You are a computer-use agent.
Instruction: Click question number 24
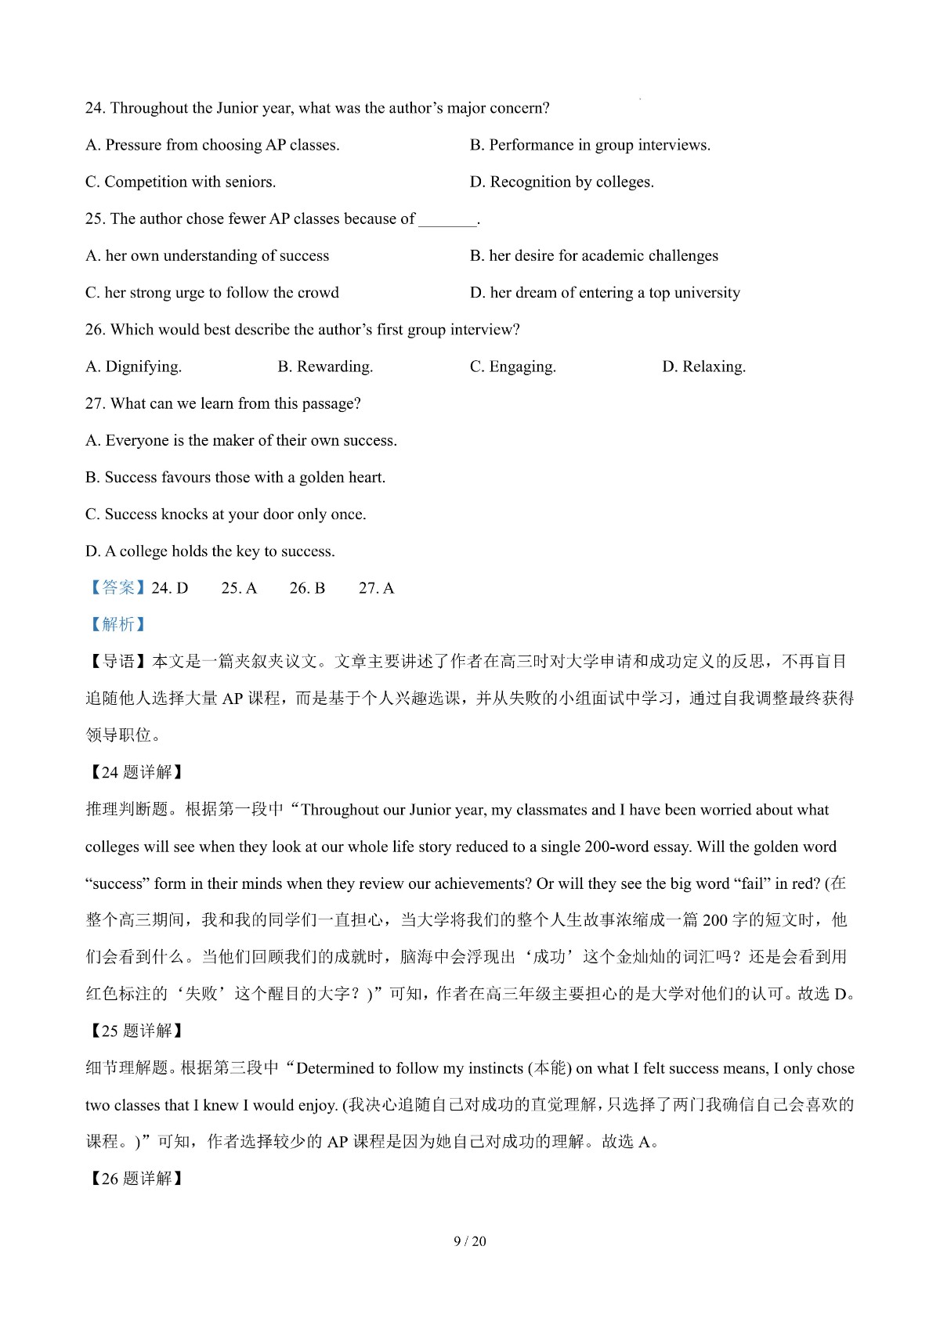pyautogui.click(x=96, y=108)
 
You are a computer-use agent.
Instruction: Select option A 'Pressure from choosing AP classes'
pyautogui.click(x=212, y=145)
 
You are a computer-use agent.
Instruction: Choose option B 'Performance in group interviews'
pyautogui.click(x=590, y=145)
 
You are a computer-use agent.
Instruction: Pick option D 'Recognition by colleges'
pyautogui.click(x=562, y=182)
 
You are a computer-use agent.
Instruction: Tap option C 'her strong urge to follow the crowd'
pyautogui.click(x=212, y=293)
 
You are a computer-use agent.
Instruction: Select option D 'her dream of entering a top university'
pyautogui.click(x=605, y=293)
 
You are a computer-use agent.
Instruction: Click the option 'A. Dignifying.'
pyautogui.click(x=133, y=367)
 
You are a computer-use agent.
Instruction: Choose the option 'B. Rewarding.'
pyautogui.click(x=325, y=367)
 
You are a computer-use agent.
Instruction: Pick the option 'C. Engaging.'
pyautogui.click(x=512, y=367)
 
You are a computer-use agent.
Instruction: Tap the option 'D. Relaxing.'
pyautogui.click(x=703, y=367)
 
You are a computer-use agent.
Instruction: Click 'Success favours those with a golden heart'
pyautogui.click(x=235, y=478)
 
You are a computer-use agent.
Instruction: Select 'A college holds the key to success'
pyautogui.click(x=210, y=551)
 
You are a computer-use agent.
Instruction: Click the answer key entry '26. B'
pyautogui.click(x=307, y=588)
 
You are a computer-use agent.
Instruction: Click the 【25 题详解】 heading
pyautogui.click(x=136, y=1031)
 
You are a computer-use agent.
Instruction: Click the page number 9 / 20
pyautogui.click(x=470, y=1241)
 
